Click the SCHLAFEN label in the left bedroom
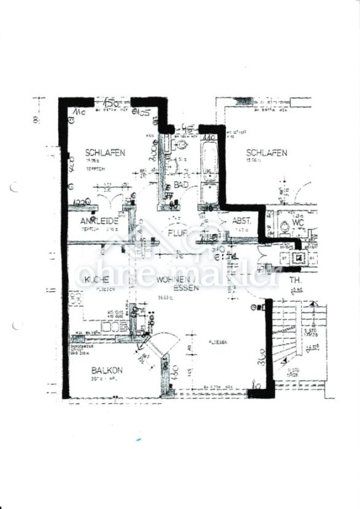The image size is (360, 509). (x=105, y=153)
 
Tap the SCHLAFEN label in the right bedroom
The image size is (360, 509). (x=266, y=153)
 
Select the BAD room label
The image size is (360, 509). (x=180, y=184)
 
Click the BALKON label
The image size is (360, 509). (x=107, y=370)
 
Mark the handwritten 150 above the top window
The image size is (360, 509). (x=111, y=101)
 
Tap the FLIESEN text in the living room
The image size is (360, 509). (x=218, y=342)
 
